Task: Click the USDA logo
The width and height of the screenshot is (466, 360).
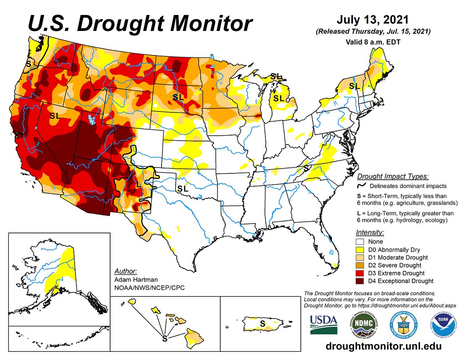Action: point(324,325)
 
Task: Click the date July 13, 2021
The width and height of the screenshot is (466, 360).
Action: point(372,20)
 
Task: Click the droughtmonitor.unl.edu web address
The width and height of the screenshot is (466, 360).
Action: point(384,346)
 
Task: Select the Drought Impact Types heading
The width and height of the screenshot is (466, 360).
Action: point(392,177)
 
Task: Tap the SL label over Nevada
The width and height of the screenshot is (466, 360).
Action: point(55,116)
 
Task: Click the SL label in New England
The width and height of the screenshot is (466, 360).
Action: point(354,86)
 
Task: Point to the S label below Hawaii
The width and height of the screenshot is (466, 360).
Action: point(165,339)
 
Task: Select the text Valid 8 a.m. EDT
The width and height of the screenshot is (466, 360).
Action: point(372,42)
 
